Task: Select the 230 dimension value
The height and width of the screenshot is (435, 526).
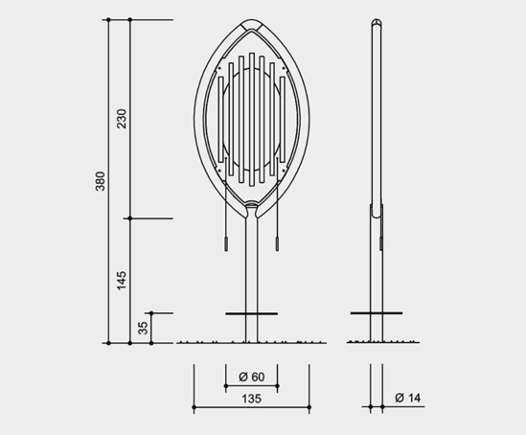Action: [x=122, y=119]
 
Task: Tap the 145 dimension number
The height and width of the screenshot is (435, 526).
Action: [x=122, y=281]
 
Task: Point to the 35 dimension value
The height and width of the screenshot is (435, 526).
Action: [x=144, y=328]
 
